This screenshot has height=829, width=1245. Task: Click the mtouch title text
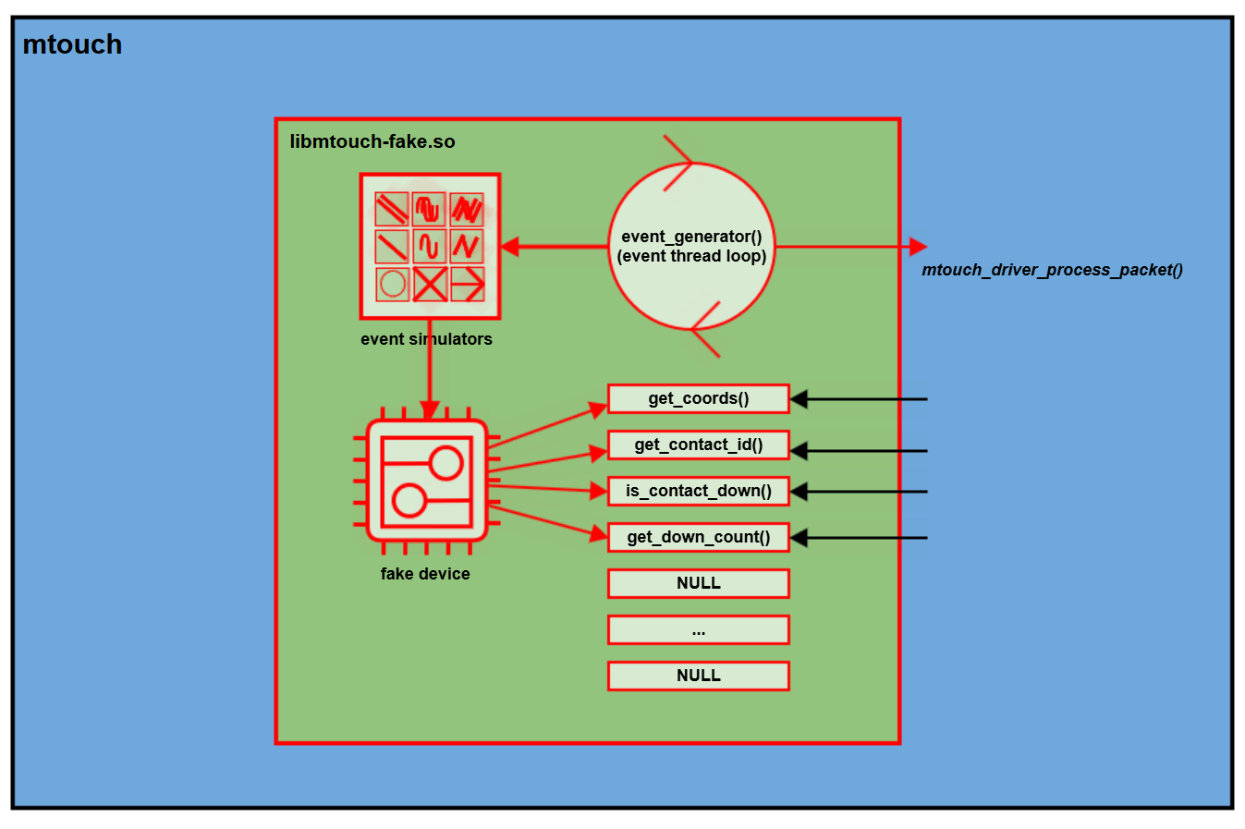coord(72,44)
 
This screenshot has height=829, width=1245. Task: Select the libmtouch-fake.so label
coord(372,141)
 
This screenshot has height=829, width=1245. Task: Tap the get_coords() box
coord(698,398)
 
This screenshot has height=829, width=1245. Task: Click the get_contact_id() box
coord(698,445)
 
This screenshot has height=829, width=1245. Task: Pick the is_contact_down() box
coord(698,491)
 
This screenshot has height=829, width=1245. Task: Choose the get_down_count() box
coord(698,537)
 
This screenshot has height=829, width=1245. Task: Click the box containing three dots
coord(698,630)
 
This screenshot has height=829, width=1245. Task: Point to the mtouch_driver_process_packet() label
coord(1052,270)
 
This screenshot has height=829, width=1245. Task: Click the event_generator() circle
coord(691,246)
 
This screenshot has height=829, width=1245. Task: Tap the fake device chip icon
coord(427,481)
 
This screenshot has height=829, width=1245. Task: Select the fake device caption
coord(425,574)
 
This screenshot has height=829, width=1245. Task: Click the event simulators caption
coord(426,339)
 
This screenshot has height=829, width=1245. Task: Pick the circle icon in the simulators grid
coord(393,284)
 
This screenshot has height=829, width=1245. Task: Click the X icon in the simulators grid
coord(430,284)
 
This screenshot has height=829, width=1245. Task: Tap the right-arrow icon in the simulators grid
coord(467,284)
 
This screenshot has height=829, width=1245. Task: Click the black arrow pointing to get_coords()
coord(860,399)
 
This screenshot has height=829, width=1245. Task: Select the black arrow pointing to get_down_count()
coord(860,538)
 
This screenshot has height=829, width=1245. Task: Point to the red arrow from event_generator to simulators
coord(555,247)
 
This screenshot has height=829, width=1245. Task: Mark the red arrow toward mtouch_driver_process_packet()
coord(850,247)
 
